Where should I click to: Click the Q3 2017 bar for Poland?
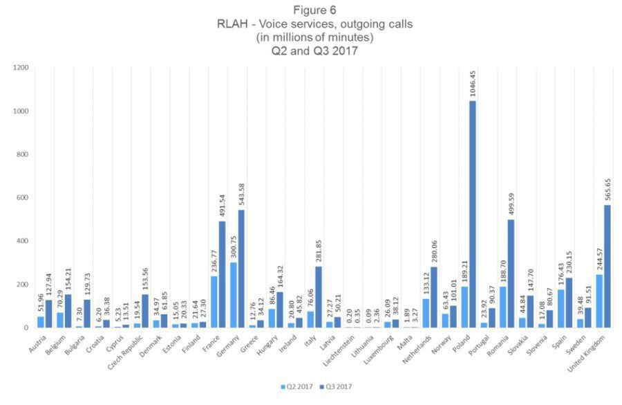pos(473,215)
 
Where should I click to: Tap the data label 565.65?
pos(606,184)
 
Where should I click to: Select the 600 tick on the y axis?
pos(23,198)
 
